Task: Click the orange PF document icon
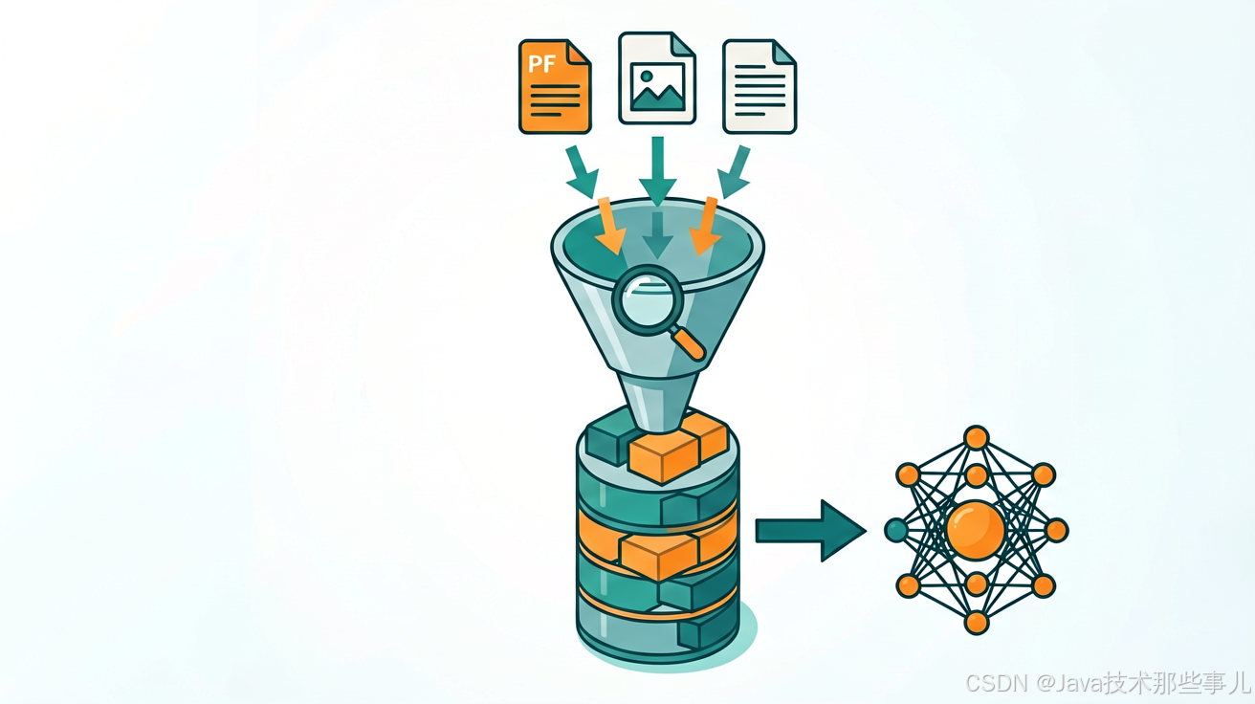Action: coord(555,86)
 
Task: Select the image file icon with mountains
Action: coord(657,77)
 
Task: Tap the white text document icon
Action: coord(760,86)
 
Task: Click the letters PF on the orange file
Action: coord(541,64)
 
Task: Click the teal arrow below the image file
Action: coord(658,171)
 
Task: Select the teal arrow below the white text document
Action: coord(734,172)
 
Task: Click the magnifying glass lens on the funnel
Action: coord(648,300)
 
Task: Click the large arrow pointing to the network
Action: coord(811,530)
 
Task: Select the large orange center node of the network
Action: coord(976,530)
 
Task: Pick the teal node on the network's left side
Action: coord(896,530)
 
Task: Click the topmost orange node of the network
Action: coord(976,437)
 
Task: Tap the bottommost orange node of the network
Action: coord(976,623)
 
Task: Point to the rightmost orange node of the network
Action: coord(1057,530)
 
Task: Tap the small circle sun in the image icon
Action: coord(646,76)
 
